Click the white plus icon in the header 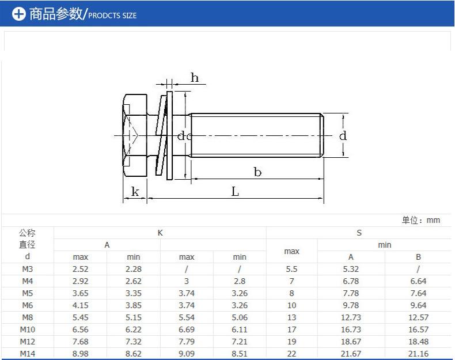pos(19,14)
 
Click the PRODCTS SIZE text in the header pos(112,16)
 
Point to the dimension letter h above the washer pos(195,77)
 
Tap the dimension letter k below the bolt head pos(135,191)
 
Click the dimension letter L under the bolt pos(235,191)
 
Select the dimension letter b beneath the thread pos(257,172)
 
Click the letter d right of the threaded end pos(343,135)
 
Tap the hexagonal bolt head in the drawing pos(135,135)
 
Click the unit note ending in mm pos(421,220)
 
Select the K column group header pos(160,233)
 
